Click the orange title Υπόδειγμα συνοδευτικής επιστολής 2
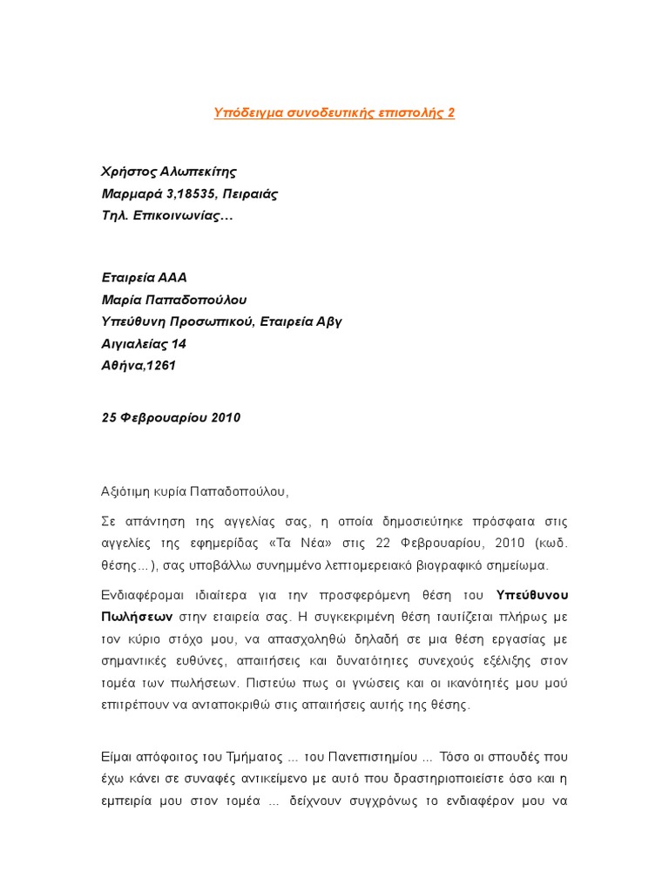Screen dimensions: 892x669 click(x=334, y=113)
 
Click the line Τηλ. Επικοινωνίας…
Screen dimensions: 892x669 click(x=167, y=214)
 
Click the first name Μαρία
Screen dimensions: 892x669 click(x=123, y=300)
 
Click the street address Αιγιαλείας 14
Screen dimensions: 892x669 click(x=144, y=343)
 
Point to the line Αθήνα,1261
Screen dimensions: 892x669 click(x=139, y=365)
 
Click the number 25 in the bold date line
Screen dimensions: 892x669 click(x=110, y=417)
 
